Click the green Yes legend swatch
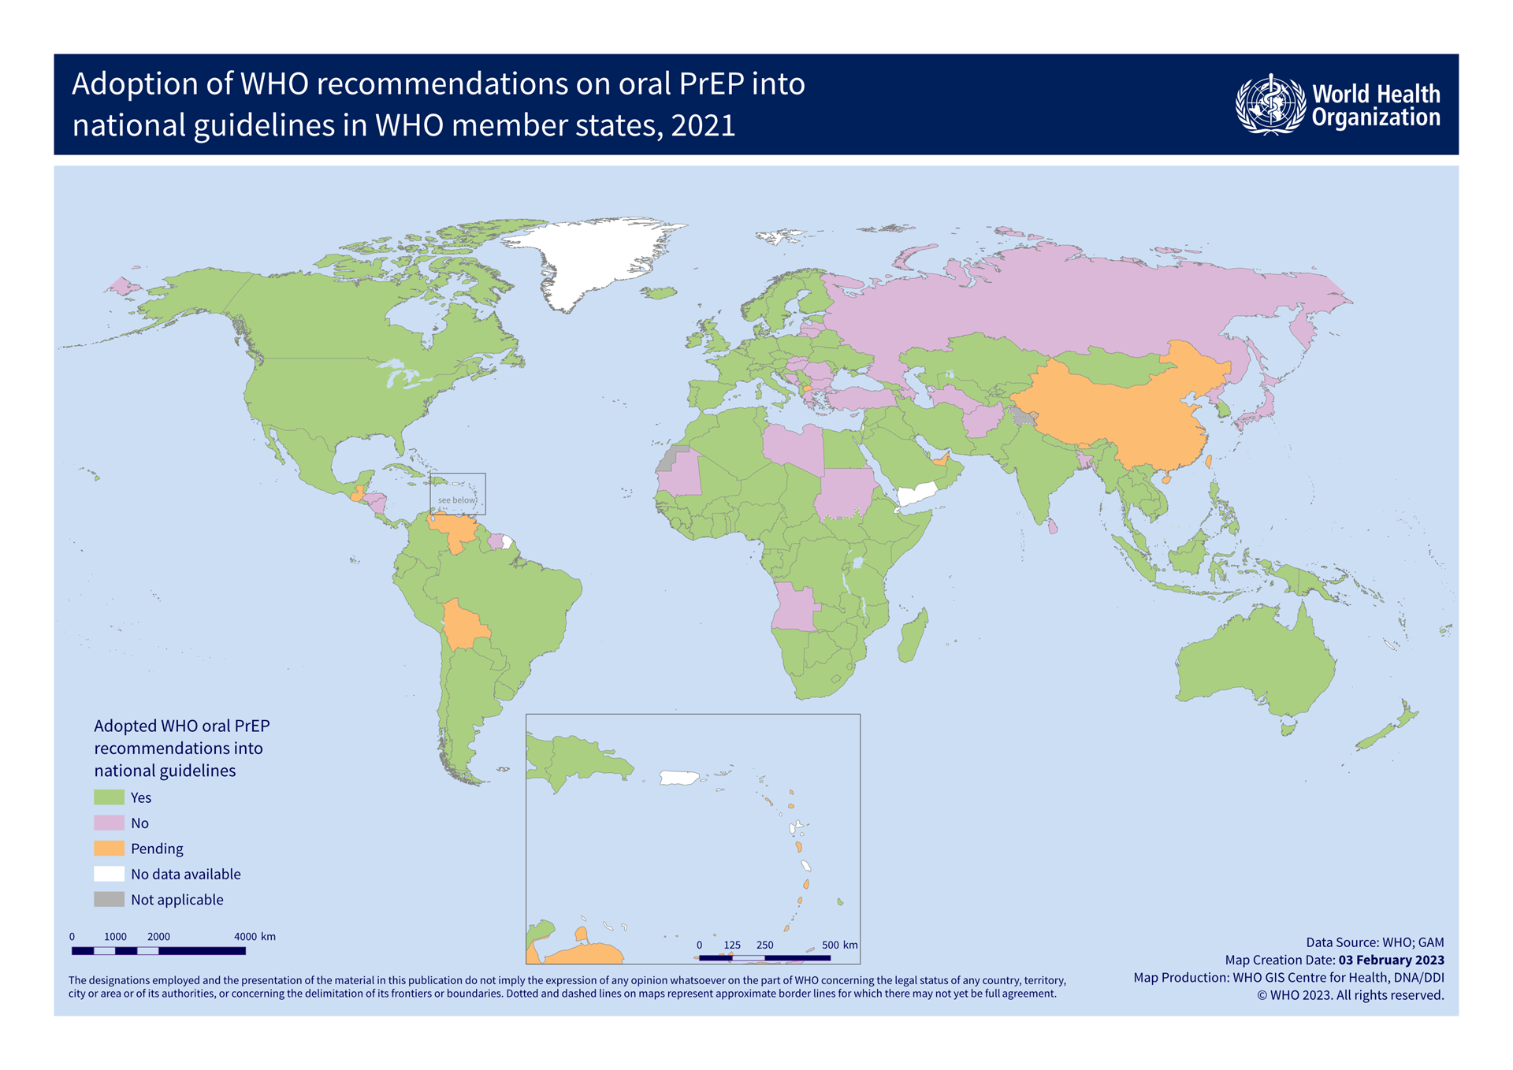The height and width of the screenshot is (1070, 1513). tap(109, 797)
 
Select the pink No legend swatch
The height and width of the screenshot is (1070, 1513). tap(109, 823)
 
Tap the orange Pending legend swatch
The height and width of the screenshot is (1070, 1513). tap(109, 849)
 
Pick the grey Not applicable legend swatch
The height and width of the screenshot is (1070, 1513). tap(109, 899)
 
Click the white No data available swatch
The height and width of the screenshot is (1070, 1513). tap(109, 874)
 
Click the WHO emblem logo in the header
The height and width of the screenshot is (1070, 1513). tap(1269, 105)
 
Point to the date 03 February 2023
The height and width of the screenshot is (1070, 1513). tap(1391, 960)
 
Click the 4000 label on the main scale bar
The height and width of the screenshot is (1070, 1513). tap(245, 937)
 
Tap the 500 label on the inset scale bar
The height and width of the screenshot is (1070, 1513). tap(830, 945)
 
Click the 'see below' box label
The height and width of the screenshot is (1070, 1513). tap(457, 500)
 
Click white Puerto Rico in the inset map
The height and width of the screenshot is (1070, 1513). tap(678, 778)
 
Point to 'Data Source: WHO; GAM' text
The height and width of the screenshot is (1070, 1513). tap(1374, 942)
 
